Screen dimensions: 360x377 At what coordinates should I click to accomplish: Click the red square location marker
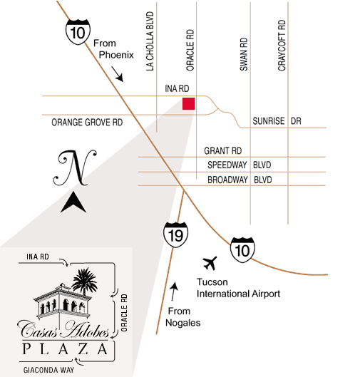188,103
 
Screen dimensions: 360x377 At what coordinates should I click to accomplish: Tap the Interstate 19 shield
176,234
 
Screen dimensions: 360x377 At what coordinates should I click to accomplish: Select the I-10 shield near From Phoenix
78,32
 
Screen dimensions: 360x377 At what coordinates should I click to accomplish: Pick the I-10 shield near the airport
242,250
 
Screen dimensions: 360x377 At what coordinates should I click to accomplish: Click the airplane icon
210,263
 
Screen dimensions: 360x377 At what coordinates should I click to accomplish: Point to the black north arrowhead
73,202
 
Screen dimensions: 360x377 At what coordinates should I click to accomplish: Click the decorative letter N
75,167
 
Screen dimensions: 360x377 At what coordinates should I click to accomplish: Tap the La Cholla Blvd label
150,41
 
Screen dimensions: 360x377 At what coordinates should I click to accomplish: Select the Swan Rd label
244,54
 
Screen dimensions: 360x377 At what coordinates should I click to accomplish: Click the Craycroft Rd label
282,45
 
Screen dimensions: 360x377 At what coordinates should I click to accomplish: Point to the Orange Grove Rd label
87,123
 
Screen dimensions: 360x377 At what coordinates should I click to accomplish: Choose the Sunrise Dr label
277,120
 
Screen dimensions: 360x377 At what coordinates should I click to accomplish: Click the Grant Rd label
223,151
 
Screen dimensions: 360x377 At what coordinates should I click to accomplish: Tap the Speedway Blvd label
240,165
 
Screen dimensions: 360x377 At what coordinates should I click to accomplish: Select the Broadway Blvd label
240,180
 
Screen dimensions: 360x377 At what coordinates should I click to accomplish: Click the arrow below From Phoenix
118,74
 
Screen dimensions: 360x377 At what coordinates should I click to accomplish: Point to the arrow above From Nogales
174,291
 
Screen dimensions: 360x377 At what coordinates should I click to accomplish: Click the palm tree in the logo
84,282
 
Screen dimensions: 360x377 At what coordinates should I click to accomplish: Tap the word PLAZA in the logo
65,348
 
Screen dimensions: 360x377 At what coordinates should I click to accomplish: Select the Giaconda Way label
48,370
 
